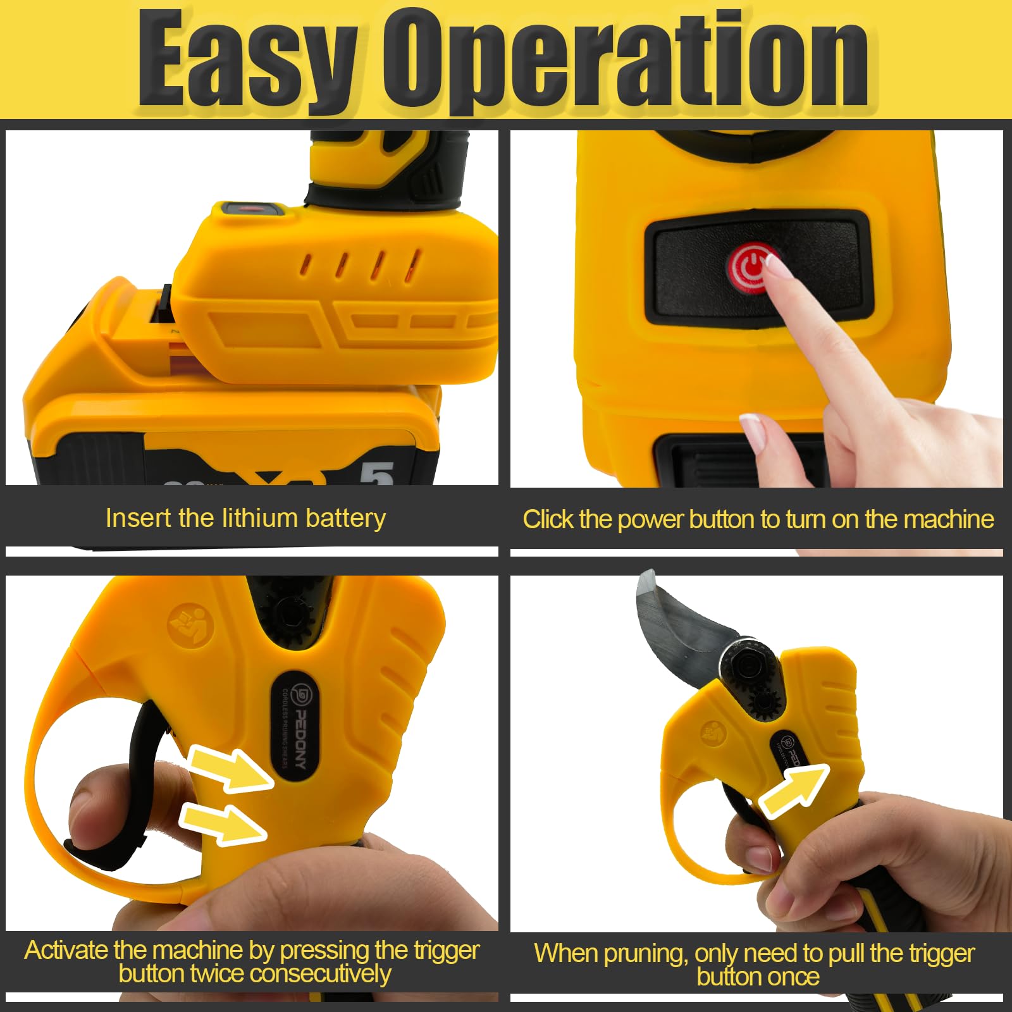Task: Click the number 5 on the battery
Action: point(377,473)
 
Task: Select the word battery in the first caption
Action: point(345,519)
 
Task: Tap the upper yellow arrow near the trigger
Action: point(231,767)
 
